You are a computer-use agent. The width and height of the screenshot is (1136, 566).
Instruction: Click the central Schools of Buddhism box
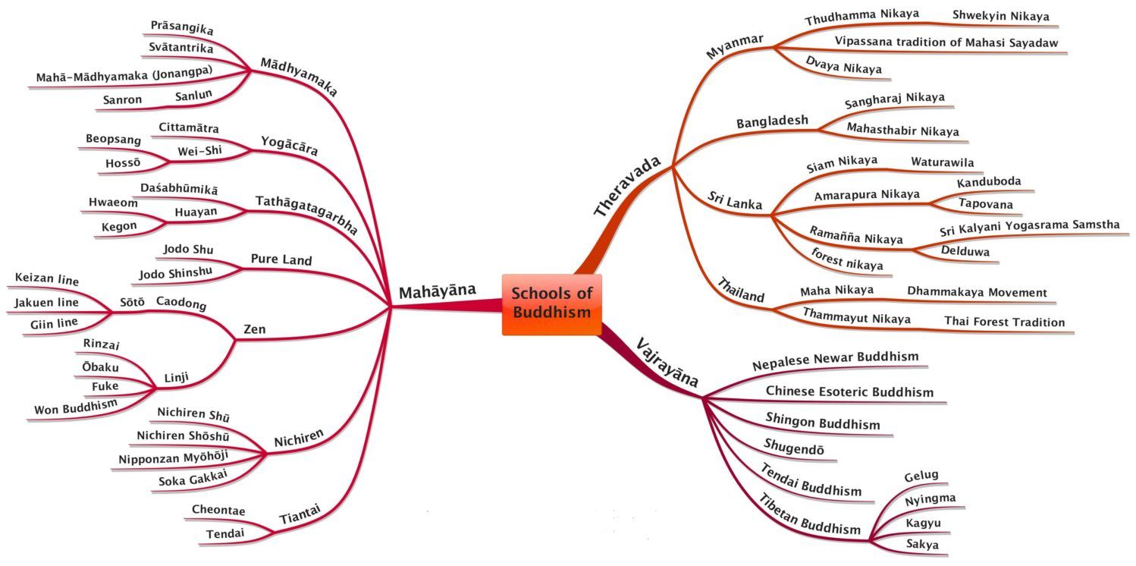[551, 303]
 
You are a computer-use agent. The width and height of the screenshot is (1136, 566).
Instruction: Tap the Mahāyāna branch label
[437, 291]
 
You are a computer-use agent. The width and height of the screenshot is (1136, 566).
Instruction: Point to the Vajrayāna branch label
[667, 362]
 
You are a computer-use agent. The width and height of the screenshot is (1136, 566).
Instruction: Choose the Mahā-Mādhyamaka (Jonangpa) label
[124, 77]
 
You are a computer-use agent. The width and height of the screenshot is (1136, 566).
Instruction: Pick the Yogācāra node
[289, 145]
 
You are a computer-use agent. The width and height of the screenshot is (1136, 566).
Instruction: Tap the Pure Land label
[281, 260]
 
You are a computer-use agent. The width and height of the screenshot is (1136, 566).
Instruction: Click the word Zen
[254, 330]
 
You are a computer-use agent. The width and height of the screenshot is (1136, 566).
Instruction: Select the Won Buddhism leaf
[76, 407]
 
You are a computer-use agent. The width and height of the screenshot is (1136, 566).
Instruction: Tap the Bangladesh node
[772, 121]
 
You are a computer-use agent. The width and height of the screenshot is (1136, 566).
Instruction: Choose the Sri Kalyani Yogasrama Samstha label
[1029, 226]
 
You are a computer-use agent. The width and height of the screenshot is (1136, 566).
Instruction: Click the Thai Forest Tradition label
[1004, 322]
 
